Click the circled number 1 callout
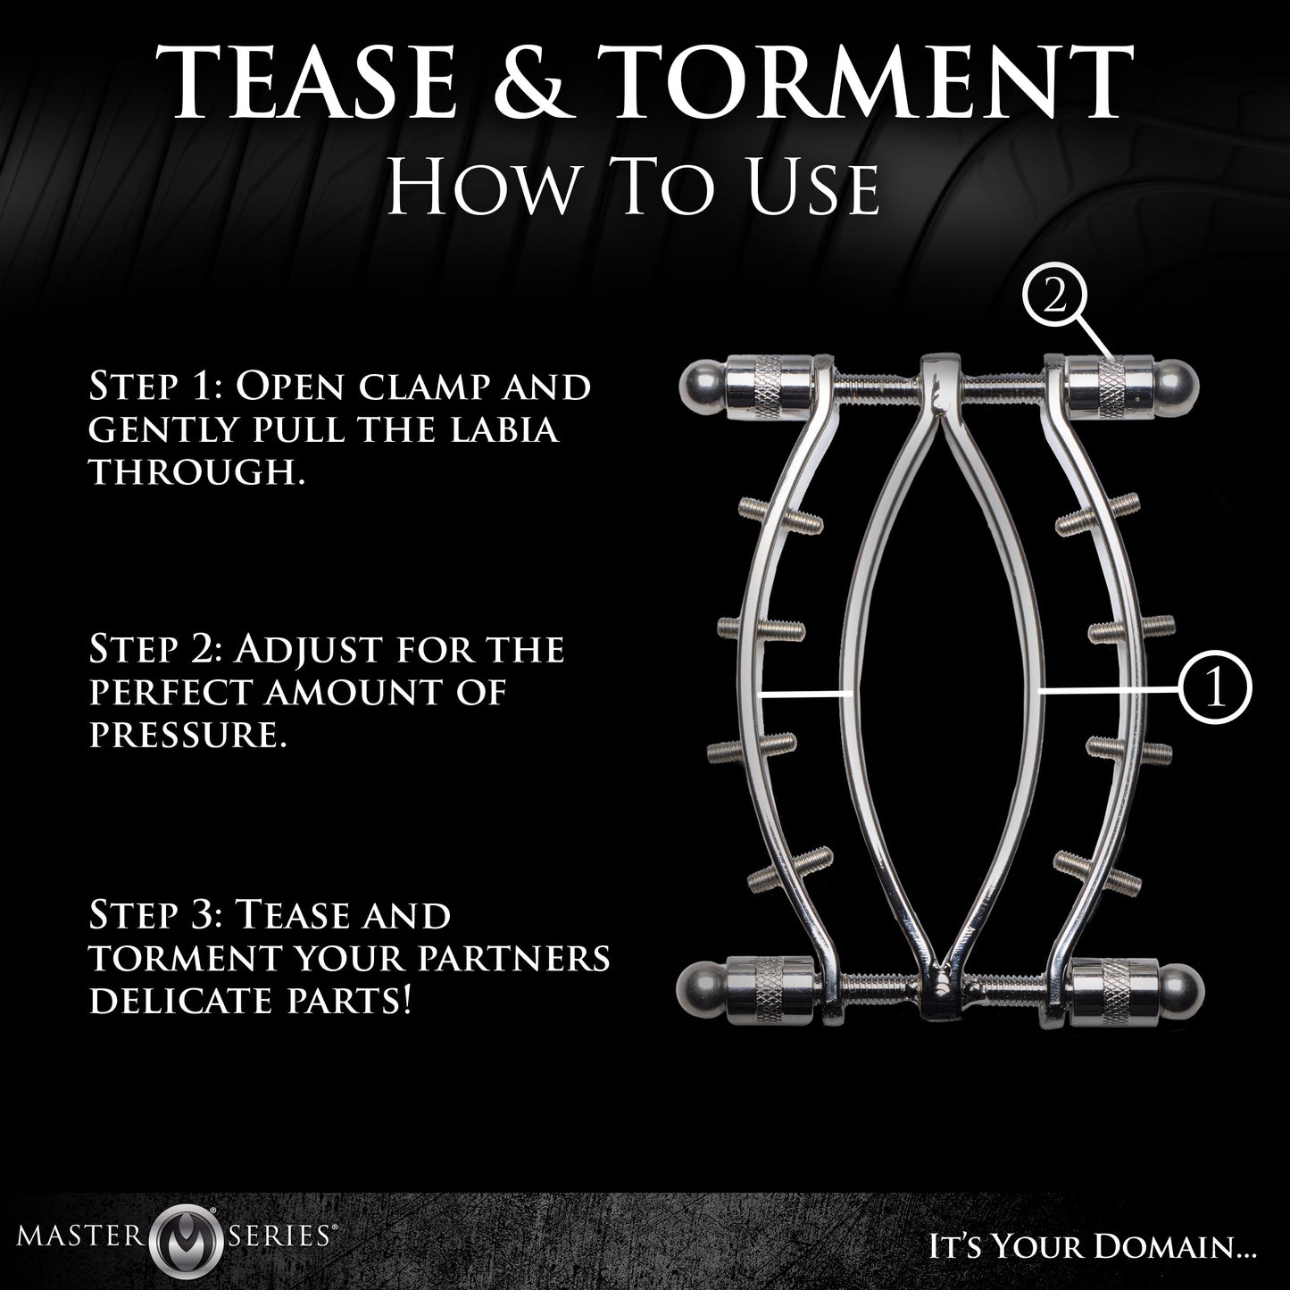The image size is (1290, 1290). click(x=1215, y=689)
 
